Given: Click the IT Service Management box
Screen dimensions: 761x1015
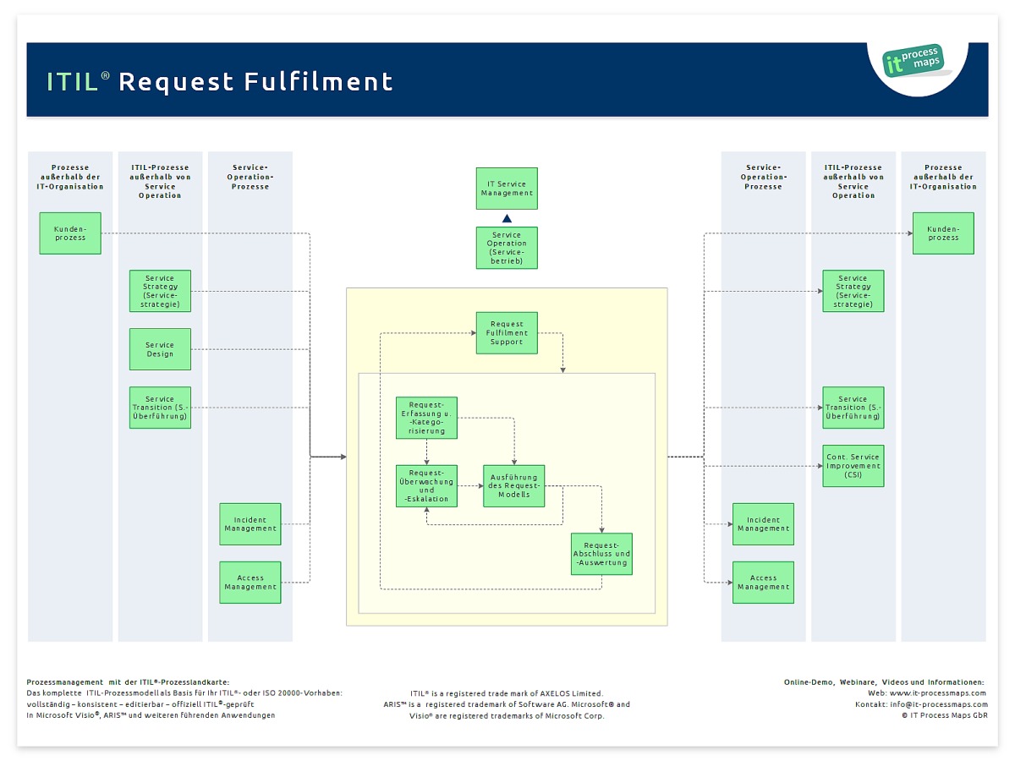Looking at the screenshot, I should (507, 189).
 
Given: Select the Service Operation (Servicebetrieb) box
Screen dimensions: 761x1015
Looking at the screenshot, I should (507, 248).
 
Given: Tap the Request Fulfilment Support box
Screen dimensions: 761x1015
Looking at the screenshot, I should (507, 333).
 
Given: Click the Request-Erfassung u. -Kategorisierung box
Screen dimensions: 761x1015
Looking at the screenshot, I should (426, 418).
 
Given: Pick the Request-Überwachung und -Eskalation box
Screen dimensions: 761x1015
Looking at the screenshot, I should (426, 486).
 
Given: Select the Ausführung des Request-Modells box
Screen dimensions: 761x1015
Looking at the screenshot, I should (514, 486).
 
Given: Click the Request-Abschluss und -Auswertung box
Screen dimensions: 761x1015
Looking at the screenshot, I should (601, 554).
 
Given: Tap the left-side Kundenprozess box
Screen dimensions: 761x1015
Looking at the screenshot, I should (70, 233).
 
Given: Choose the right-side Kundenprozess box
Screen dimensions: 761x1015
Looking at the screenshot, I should (943, 233).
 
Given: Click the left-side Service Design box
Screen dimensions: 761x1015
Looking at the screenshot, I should (160, 349).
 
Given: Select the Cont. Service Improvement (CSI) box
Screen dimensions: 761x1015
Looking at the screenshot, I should (853, 465).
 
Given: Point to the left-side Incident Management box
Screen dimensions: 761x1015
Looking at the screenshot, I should (250, 524).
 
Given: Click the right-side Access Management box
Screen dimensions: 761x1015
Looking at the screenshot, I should (763, 583).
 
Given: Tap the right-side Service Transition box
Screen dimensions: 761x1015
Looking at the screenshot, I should (853, 408).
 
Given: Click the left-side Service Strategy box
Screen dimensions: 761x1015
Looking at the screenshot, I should (160, 291).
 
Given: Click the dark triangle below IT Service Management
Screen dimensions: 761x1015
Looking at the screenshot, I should (507, 218).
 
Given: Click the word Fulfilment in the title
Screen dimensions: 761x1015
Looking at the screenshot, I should (318, 82).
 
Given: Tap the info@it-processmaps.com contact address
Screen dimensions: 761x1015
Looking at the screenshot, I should (939, 704).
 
